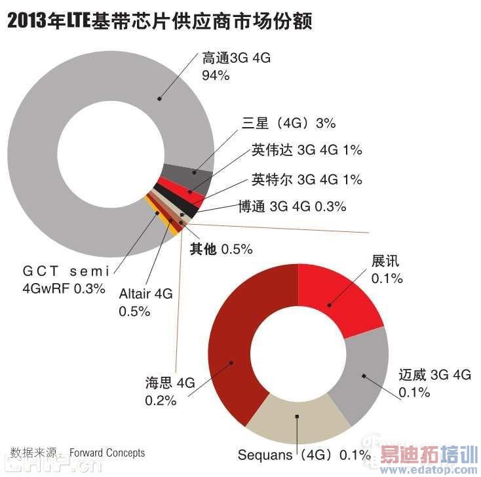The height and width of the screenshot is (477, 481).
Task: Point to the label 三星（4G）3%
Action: (288, 123)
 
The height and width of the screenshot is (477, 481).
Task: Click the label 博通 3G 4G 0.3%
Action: (292, 207)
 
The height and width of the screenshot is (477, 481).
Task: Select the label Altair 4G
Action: (145, 295)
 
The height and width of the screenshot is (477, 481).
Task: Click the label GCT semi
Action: (66, 270)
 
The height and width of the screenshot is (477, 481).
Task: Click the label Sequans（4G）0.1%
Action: (304, 455)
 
